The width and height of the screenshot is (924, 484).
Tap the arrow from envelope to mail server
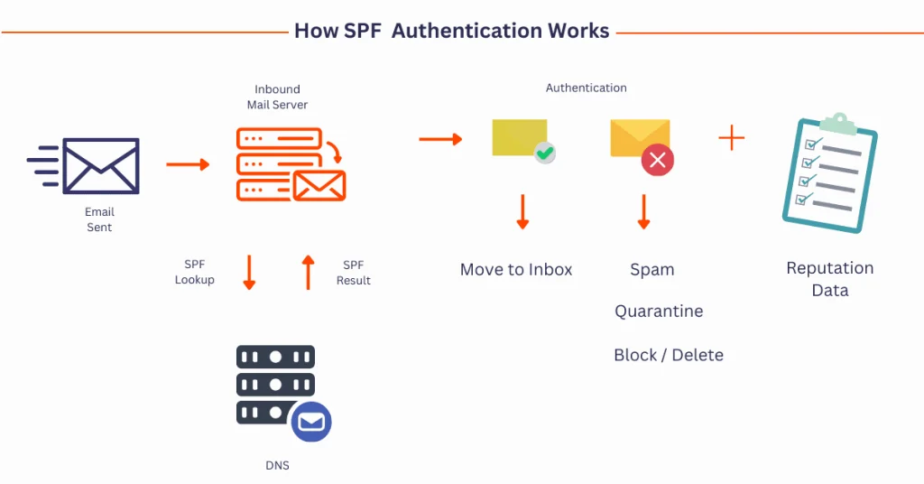pyautogui.click(x=188, y=164)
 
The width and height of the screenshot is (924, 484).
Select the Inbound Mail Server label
pyautogui.click(x=277, y=97)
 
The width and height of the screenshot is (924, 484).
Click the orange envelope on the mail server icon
pyautogui.click(x=319, y=185)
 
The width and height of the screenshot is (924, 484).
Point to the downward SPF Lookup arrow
pyautogui.click(x=250, y=273)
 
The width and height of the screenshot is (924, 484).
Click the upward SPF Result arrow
pyautogui.click(x=308, y=272)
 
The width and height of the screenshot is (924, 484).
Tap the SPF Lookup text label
pyautogui.click(x=195, y=272)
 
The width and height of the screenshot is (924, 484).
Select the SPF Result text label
pyautogui.click(x=353, y=273)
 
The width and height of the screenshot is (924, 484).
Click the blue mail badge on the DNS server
pyautogui.click(x=311, y=422)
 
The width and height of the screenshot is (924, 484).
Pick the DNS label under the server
pyautogui.click(x=277, y=466)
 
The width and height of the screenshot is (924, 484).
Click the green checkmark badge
pyautogui.click(x=544, y=153)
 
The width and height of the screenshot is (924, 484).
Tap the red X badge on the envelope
pyautogui.click(x=658, y=161)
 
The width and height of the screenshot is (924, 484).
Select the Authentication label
pyautogui.click(x=587, y=88)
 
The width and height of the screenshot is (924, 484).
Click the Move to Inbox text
pyautogui.click(x=516, y=269)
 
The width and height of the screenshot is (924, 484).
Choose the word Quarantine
pyautogui.click(x=659, y=312)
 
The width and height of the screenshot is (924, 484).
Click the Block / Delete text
pyautogui.click(x=669, y=355)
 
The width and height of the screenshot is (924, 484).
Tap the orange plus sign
pyautogui.click(x=732, y=138)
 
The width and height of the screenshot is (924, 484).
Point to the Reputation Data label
pyautogui.click(x=830, y=279)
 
